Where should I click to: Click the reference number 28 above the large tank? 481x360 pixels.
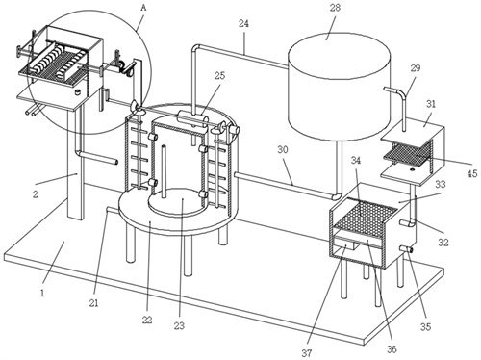[x=335, y=8]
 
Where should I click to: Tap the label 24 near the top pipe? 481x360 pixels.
[x=243, y=23]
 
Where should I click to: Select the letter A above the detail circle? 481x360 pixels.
[x=143, y=8]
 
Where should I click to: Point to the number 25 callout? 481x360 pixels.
[x=220, y=75]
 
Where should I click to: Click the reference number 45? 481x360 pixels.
[x=472, y=173]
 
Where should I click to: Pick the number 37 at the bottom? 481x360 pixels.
[x=307, y=353]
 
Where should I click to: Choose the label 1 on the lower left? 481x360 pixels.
[x=42, y=293]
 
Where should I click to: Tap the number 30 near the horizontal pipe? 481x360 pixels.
[x=283, y=149]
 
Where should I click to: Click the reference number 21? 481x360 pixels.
[x=93, y=302]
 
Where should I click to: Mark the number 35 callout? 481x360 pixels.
[x=425, y=327]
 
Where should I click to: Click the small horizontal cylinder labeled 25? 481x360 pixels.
[x=192, y=118]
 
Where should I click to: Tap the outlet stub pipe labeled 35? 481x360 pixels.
[x=406, y=248]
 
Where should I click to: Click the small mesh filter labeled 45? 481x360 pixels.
[x=408, y=153]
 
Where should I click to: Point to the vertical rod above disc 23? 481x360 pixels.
[x=164, y=171]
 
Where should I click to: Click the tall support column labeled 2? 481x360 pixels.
[x=76, y=165]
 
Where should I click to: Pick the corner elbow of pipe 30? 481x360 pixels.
[x=337, y=195]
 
